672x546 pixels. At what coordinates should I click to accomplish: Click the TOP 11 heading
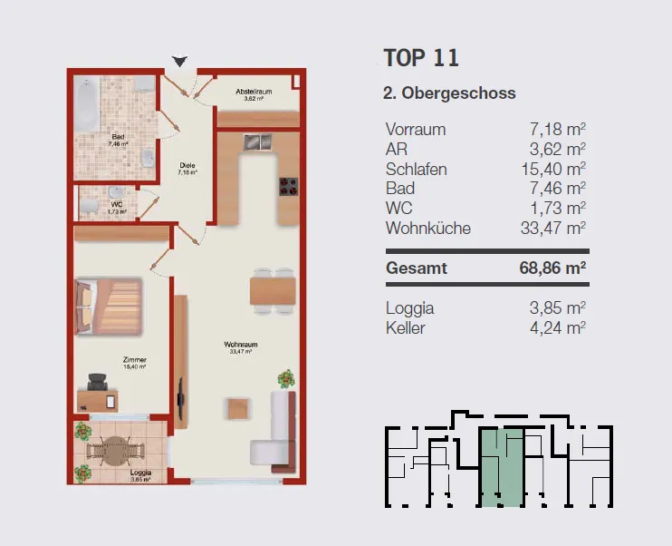tap(421, 58)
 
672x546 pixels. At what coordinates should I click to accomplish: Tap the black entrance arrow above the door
tap(179, 62)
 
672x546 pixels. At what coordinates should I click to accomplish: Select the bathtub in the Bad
tap(88, 104)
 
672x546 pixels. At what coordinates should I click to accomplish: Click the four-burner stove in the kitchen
tap(288, 187)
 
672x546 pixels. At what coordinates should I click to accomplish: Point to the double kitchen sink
tap(258, 142)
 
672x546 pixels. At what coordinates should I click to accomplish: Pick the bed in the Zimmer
tap(109, 307)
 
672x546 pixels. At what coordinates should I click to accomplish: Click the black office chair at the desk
tap(98, 382)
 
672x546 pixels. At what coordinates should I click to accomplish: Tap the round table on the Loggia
tap(115, 451)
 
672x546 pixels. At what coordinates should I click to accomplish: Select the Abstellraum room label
tap(254, 92)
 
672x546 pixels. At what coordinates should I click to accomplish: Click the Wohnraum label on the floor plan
tap(240, 345)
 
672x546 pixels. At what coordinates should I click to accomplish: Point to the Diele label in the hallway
tap(187, 165)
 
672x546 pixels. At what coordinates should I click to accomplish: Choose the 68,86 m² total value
tap(552, 268)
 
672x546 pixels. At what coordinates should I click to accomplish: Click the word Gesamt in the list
tap(416, 268)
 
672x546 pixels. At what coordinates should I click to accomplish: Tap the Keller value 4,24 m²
tap(558, 328)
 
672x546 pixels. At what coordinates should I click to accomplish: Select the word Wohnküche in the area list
tap(428, 228)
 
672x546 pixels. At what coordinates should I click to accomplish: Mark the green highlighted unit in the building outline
tap(502, 467)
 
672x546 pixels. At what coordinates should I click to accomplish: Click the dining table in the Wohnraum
tap(273, 291)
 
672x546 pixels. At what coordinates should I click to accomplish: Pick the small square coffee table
tap(238, 409)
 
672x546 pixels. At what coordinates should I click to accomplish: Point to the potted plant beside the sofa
tap(286, 379)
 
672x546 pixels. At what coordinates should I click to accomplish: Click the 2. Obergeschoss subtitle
tap(449, 93)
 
